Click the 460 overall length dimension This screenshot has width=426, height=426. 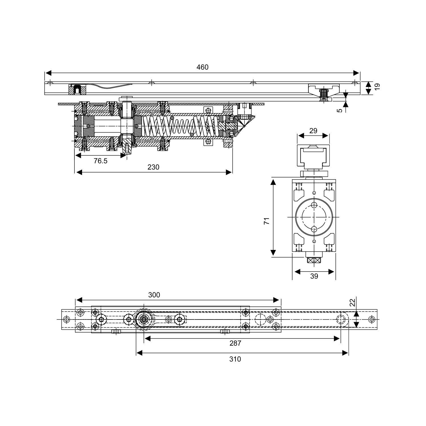pos(202,67)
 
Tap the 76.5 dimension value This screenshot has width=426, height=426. pos(101,161)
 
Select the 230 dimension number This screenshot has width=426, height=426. pos(153,167)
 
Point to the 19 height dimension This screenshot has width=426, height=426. pos(377,87)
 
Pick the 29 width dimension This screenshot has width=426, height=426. pos(313,131)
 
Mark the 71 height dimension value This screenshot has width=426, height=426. pos(266,221)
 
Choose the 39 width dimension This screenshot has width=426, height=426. pos(314,276)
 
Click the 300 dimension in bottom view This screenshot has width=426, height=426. pos(154,295)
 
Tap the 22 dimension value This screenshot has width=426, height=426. pos(352,303)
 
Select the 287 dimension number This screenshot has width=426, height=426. pos(235,343)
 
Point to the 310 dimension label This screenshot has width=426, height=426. pos(235,359)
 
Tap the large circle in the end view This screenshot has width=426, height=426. pos(314,217)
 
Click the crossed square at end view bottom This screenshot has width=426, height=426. pos(314,260)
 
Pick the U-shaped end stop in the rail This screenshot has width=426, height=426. pos(77,90)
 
